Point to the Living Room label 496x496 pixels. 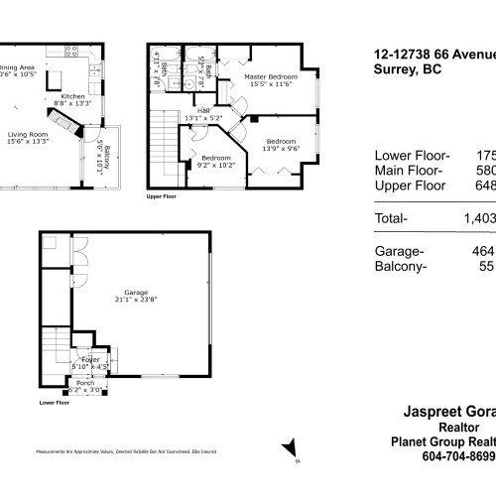[28, 136]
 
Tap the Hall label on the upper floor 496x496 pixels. [204, 114]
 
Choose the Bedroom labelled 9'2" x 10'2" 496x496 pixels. [216, 162]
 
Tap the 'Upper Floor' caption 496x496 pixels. [161, 197]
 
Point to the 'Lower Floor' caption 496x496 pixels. [54, 404]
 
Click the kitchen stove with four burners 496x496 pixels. [71, 51]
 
